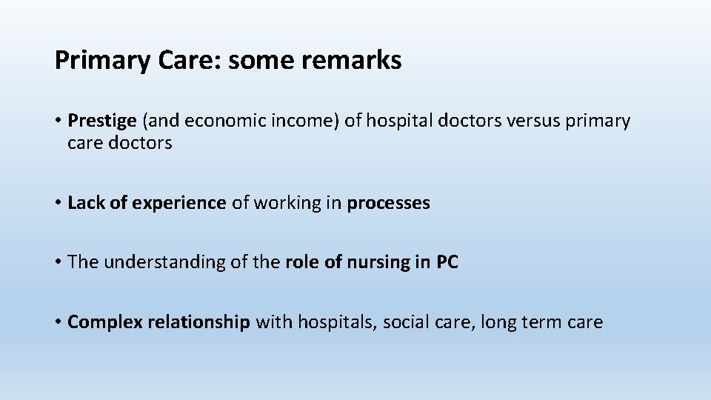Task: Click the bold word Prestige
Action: (x=101, y=121)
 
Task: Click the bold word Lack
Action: (x=86, y=203)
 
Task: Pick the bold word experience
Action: (x=179, y=203)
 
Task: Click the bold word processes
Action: (x=388, y=203)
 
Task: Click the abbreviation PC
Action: (x=447, y=262)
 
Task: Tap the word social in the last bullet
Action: (x=405, y=322)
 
